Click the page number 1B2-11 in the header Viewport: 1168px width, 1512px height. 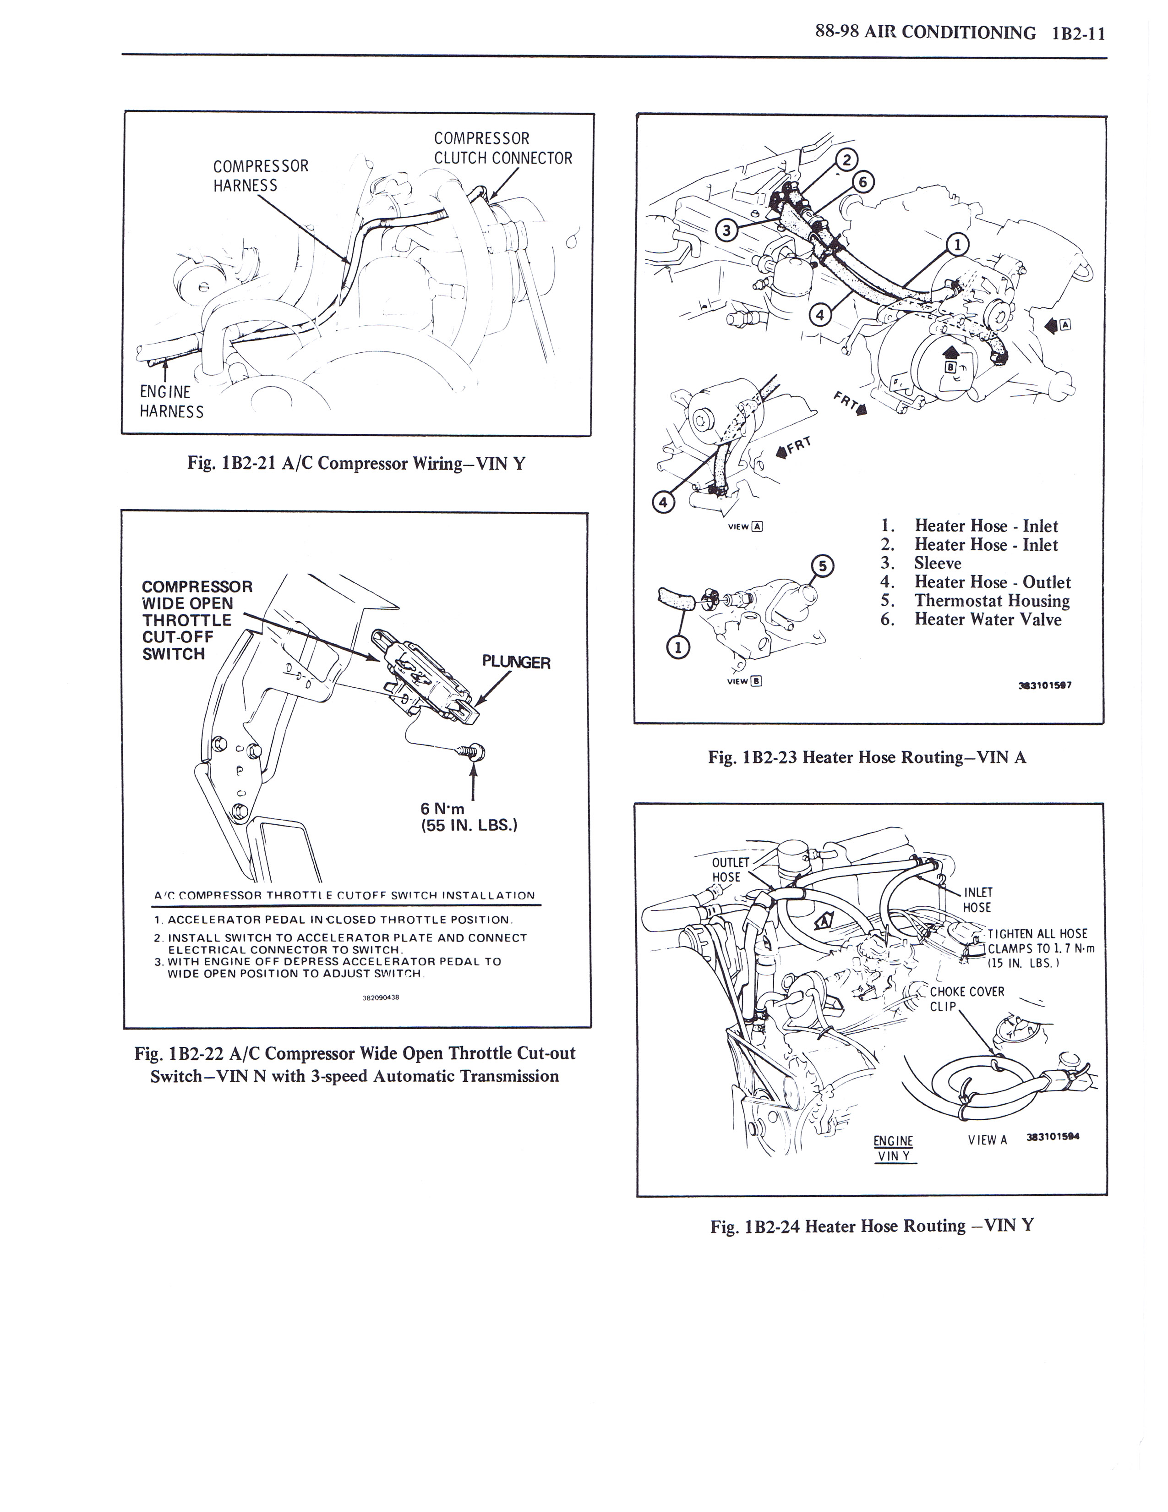(x=1078, y=33)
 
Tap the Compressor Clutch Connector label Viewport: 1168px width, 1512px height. (x=503, y=148)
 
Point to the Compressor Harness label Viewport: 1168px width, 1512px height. (x=260, y=175)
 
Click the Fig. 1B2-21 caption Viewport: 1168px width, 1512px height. (x=356, y=463)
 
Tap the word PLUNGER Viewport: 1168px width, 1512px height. (x=516, y=663)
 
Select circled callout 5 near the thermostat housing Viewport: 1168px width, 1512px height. (x=822, y=565)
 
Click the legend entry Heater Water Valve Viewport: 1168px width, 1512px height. (x=988, y=619)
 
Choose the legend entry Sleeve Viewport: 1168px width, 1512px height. (x=938, y=564)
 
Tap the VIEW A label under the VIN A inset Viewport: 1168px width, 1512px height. (x=745, y=527)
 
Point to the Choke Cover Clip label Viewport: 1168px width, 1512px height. (x=966, y=999)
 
